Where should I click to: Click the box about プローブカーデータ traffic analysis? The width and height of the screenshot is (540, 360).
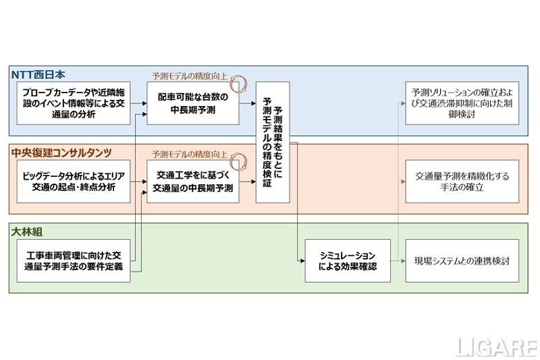tap(73, 103)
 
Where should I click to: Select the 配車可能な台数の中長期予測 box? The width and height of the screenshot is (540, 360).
tap(193, 103)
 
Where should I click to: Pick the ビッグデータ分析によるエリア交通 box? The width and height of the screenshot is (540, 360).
tap(73, 182)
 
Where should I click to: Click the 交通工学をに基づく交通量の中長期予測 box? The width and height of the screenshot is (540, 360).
tap(193, 182)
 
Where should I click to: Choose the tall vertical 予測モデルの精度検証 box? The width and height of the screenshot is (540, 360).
tap(273, 142)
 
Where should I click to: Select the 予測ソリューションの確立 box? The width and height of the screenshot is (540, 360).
tap(462, 103)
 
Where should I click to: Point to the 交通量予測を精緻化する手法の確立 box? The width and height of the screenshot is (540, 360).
tap(462, 182)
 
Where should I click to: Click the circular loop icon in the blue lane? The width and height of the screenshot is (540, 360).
tap(238, 84)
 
